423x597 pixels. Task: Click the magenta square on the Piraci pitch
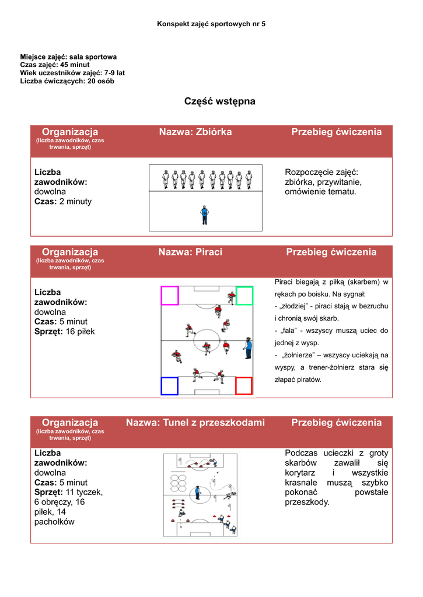tap(170, 296)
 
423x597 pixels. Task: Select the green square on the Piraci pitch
tap(244, 296)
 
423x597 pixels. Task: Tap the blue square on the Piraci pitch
tap(169, 386)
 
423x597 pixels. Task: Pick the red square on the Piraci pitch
tap(243, 386)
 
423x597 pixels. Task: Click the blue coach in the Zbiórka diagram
tap(204, 215)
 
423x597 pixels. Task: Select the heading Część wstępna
tap(219, 101)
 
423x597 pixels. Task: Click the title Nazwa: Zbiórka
tap(195, 132)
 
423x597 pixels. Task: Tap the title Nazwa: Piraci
tap(190, 252)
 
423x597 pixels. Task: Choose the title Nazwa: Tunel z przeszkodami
tap(195, 422)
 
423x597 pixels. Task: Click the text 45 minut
tap(75, 65)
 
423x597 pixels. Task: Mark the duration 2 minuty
tap(75, 202)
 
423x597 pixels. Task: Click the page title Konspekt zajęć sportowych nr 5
tap(211, 24)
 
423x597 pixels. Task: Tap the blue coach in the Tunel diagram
tap(198, 493)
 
